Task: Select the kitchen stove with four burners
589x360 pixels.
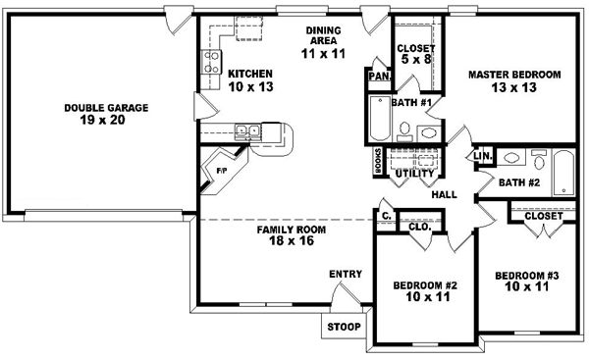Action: pos(210,63)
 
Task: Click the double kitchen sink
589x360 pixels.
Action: pos(245,129)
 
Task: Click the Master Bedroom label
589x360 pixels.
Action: pos(513,75)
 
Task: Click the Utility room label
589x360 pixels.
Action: pos(412,174)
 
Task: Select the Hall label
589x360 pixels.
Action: pos(444,195)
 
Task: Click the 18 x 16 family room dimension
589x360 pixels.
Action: pos(292,241)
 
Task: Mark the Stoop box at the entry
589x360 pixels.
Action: pos(343,327)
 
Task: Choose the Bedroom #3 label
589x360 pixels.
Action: pos(526,276)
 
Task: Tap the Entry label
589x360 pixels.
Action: pos(345,274)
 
